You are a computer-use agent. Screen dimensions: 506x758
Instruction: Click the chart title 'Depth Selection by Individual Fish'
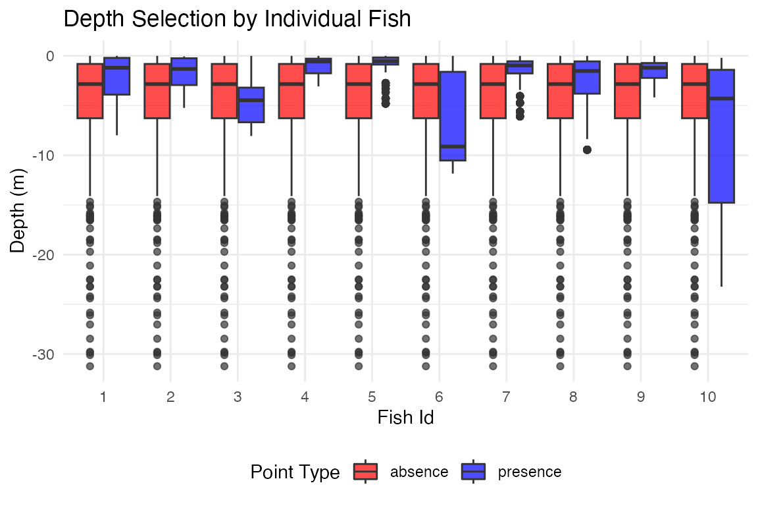237,19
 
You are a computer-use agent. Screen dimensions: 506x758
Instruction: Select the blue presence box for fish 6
453,116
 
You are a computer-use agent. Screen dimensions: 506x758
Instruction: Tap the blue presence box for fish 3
251,105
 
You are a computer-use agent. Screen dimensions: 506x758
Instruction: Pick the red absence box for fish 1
90,91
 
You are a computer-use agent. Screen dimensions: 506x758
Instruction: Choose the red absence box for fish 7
493,91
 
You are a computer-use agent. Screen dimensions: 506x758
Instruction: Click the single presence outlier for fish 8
587,150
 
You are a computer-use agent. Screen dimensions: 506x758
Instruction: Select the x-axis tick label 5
372,397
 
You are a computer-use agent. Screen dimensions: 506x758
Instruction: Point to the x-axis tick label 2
170,397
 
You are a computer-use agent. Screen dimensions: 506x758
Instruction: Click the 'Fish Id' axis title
405,418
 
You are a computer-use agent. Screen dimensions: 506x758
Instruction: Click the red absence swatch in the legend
365,472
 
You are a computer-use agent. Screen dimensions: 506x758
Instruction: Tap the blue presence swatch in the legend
473,472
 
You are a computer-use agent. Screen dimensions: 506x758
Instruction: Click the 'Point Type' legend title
295,472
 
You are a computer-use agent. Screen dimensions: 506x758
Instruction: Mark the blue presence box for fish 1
116,76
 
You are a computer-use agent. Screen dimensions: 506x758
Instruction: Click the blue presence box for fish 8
587,78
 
